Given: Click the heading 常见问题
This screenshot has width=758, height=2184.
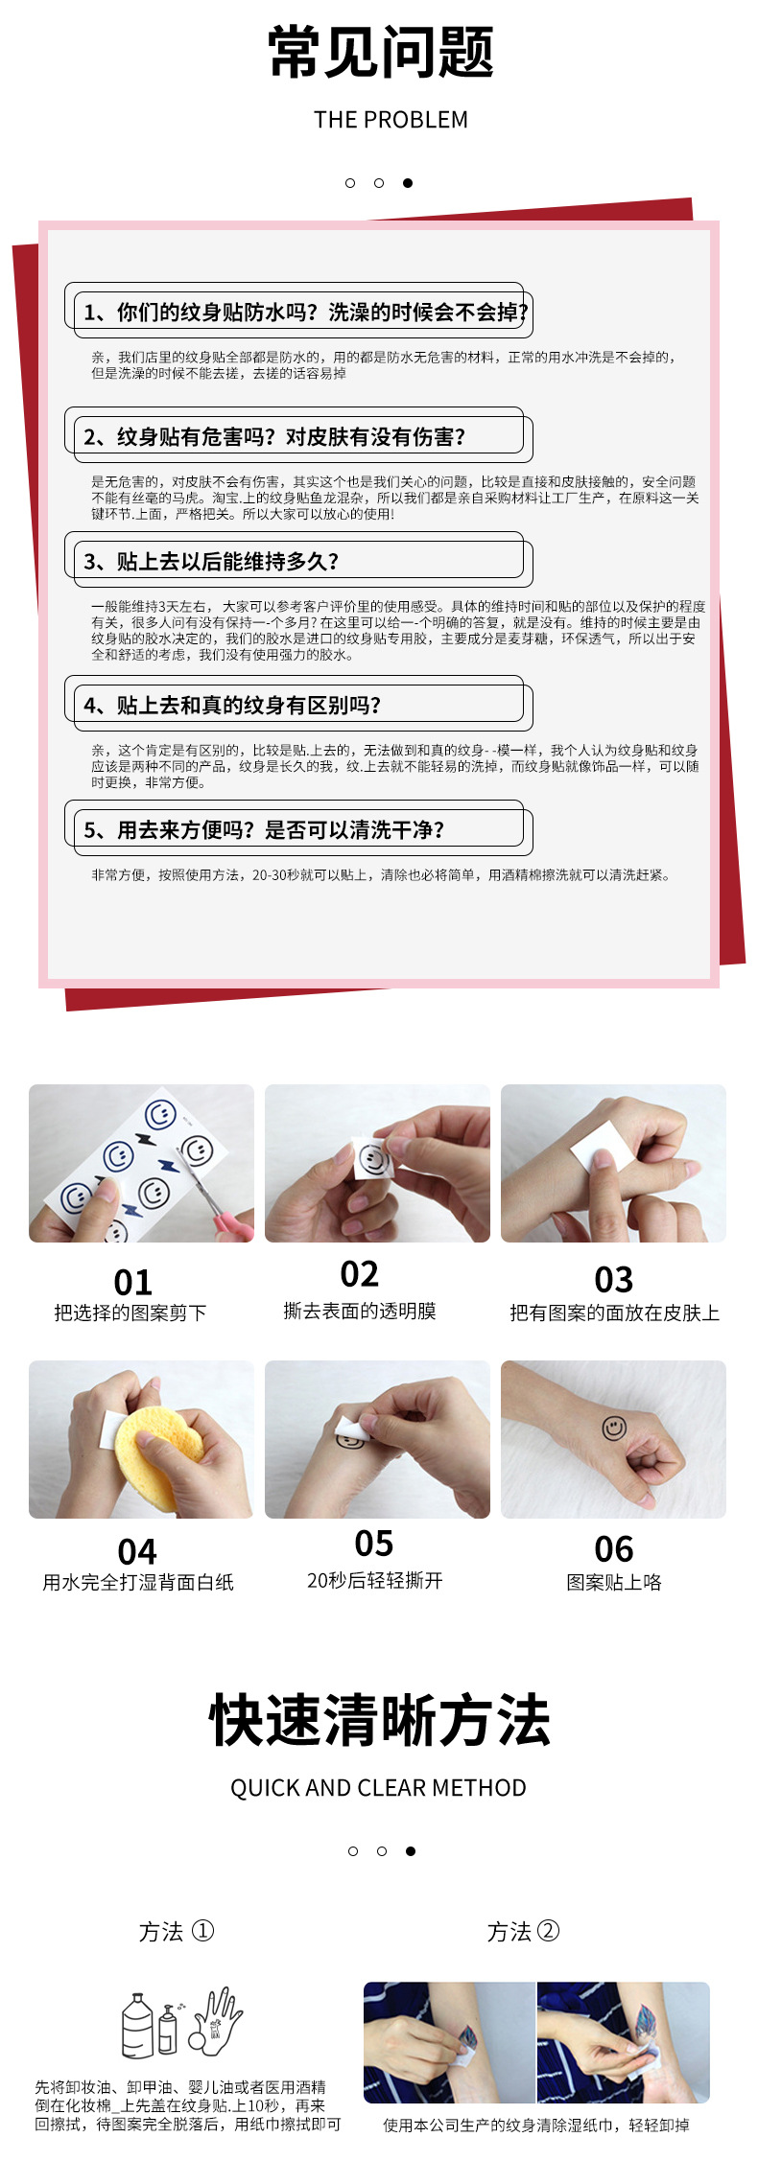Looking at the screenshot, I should click(380, 53).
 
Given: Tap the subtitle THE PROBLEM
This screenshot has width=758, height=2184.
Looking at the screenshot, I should click(391, 120).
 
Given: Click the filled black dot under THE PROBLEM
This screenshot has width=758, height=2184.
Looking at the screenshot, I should click(408, 183).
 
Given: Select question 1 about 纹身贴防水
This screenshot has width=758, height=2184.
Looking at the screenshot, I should click(304, 313).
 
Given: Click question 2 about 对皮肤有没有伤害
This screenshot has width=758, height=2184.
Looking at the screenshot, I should click(274, 437).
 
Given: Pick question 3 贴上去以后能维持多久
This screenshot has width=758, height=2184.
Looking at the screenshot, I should click(211, 562).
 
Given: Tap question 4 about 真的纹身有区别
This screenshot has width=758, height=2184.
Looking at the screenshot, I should click(232, 706).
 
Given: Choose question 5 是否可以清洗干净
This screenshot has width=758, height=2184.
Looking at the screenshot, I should click(264, 830).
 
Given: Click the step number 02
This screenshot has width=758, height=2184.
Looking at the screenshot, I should click(360, 1274).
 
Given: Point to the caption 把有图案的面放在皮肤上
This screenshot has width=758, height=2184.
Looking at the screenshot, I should click(614, 1313).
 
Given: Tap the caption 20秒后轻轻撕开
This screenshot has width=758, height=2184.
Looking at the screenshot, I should click(374, 1581).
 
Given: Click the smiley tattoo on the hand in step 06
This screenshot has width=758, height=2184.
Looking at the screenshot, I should click(614, 1429).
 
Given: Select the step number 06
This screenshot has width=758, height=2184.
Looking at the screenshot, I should click(614, 1549).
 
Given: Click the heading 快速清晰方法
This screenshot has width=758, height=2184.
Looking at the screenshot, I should click(380, 1721).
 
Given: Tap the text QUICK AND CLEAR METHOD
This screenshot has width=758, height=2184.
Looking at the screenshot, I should click(378, 1788).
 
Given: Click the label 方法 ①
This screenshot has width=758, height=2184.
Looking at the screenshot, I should click(177, 1932).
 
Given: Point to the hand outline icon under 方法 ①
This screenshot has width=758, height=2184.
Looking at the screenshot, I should click(218, 2022).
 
